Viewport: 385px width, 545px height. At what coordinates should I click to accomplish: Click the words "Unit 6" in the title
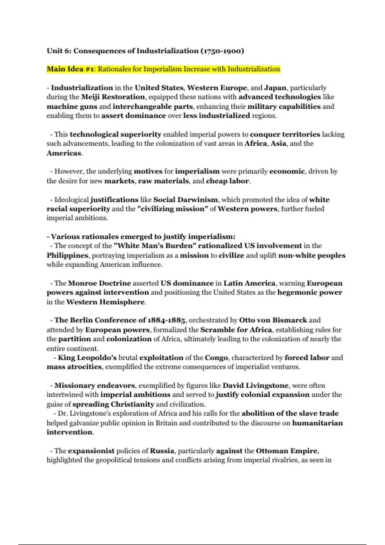[58, 51]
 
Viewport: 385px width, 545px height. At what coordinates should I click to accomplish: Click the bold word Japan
[275, 88]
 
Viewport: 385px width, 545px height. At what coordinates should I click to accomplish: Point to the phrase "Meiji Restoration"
[113, 97]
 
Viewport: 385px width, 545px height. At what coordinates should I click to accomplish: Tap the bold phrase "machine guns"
[72, 106]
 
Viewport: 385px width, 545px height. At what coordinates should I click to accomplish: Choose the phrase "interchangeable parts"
[153, 106]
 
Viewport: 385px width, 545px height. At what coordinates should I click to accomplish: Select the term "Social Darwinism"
[186, 200]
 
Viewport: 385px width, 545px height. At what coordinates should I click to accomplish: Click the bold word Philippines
[67, 256]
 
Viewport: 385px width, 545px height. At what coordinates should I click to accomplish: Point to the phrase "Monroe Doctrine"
[99, 283]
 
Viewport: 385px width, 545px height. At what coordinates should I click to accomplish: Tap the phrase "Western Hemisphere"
[106, 302]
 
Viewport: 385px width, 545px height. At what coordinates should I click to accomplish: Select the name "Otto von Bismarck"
[273, 320]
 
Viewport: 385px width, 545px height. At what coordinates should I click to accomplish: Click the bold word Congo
[217, 358]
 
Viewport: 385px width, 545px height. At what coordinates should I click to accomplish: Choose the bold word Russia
[162, 451]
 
